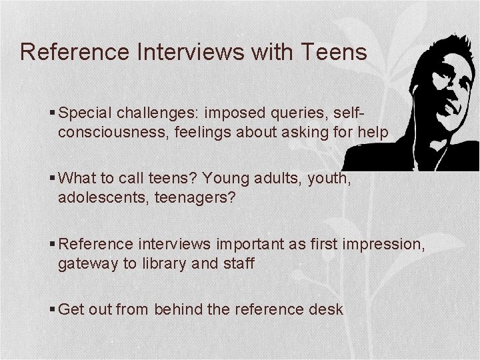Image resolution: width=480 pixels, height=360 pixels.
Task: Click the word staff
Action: pyautogui.click(x=238, y=263)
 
